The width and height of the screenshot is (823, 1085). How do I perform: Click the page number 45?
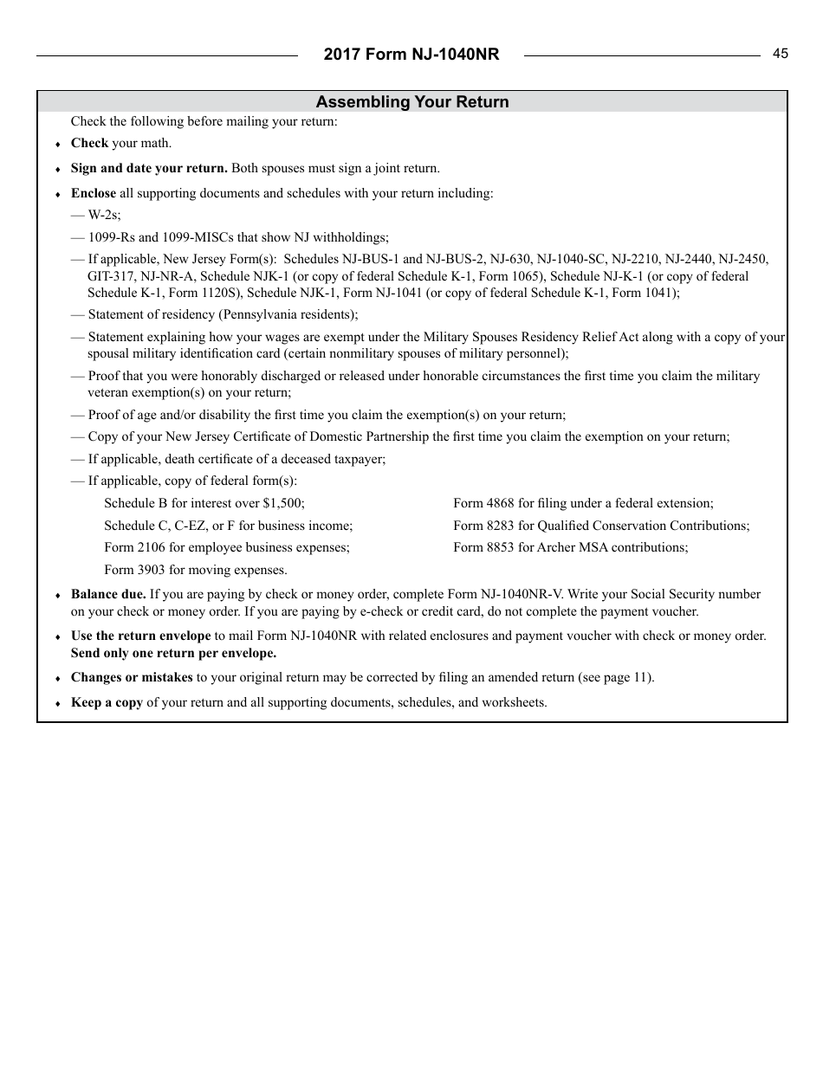pos(781,54)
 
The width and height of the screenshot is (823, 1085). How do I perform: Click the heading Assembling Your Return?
pos(412,102)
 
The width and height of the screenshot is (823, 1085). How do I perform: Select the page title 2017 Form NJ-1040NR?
pos(411,55)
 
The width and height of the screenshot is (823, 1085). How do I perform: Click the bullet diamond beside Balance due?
pos(58,596)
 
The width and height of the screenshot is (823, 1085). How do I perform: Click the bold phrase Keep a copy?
pos(107,702)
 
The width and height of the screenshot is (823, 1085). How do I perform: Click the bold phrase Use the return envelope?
pos(140,636)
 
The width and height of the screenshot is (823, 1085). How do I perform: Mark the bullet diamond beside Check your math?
pos(58,145)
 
